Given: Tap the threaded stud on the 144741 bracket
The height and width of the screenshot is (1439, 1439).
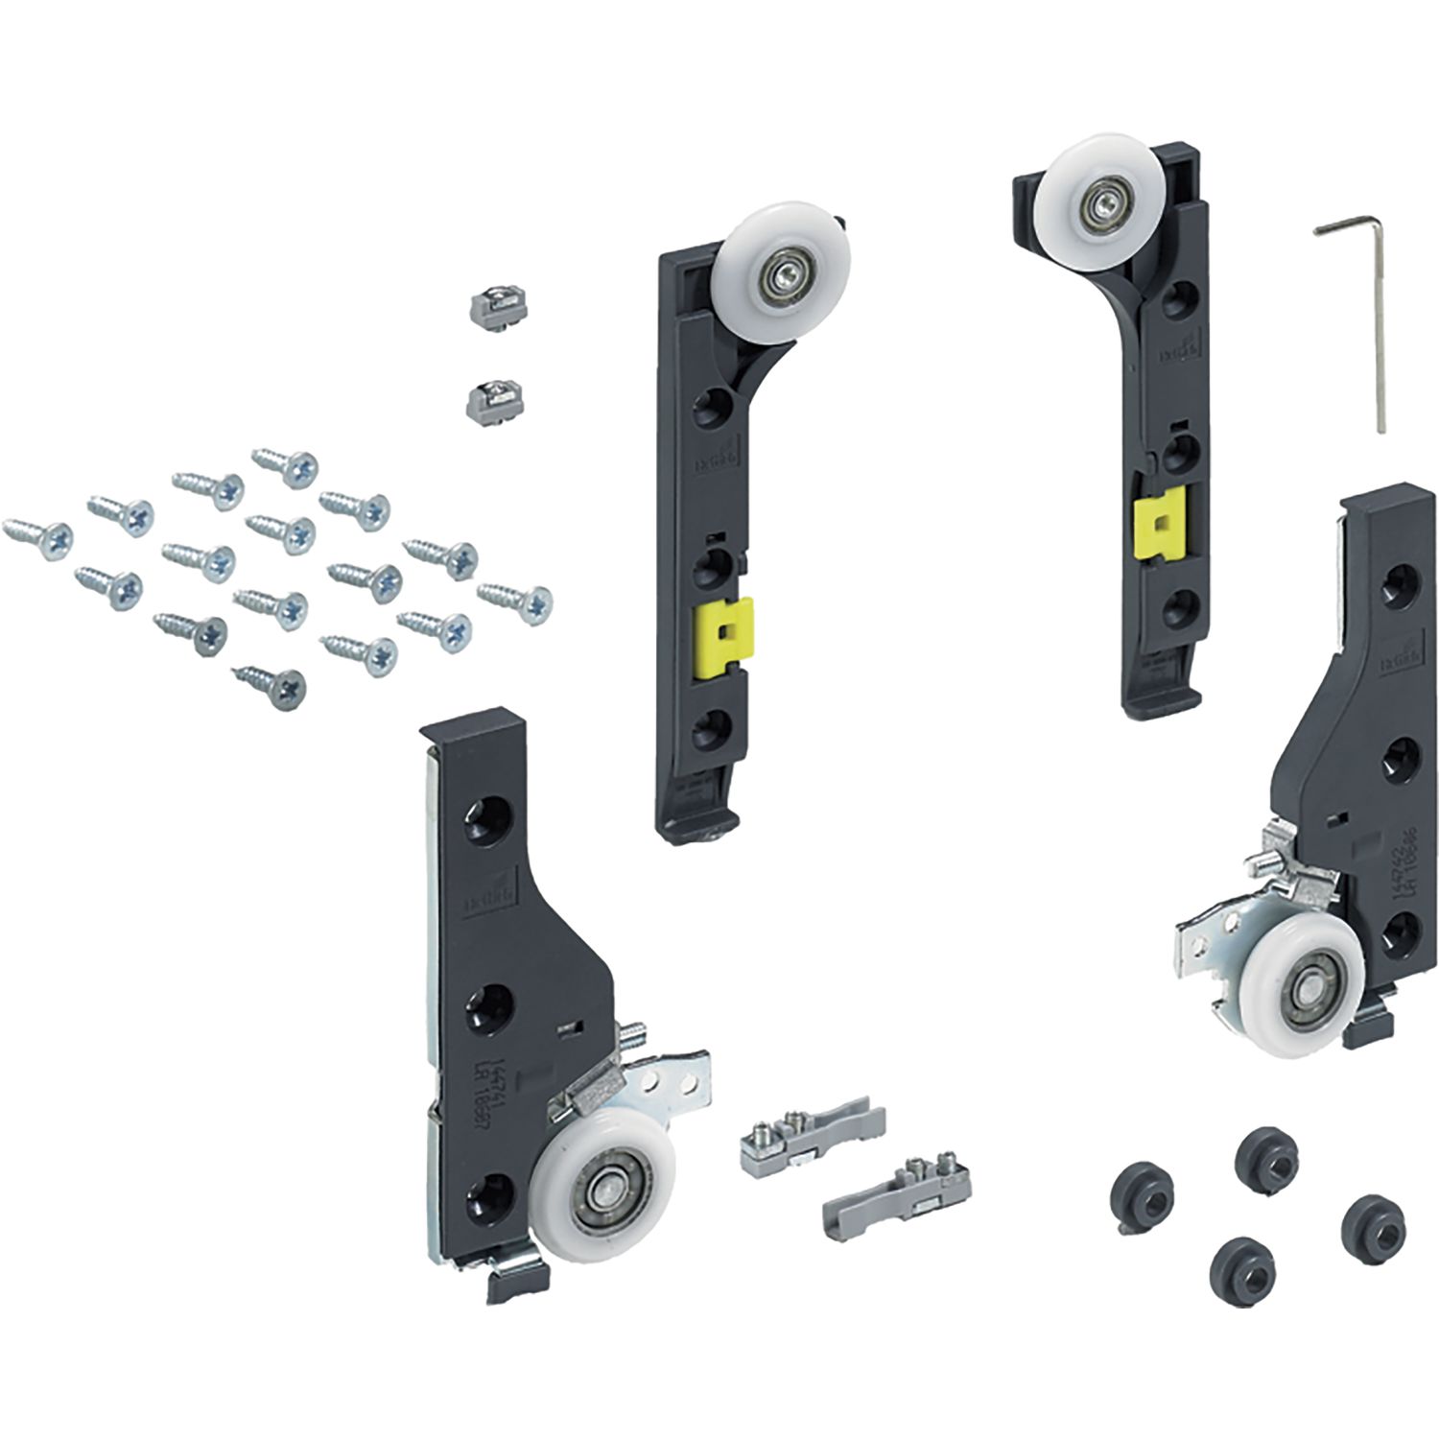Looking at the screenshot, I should pyautogui.click(x=633, y=1037).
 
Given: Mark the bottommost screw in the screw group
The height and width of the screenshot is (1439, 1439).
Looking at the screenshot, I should pyautogui.click(x=271, y=685).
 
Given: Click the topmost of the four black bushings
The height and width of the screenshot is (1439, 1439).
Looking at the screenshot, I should pyautogui.click(x=1262, y=1147).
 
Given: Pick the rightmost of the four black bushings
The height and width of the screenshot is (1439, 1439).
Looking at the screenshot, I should pyautogui.click(x=1367, y=1217).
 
